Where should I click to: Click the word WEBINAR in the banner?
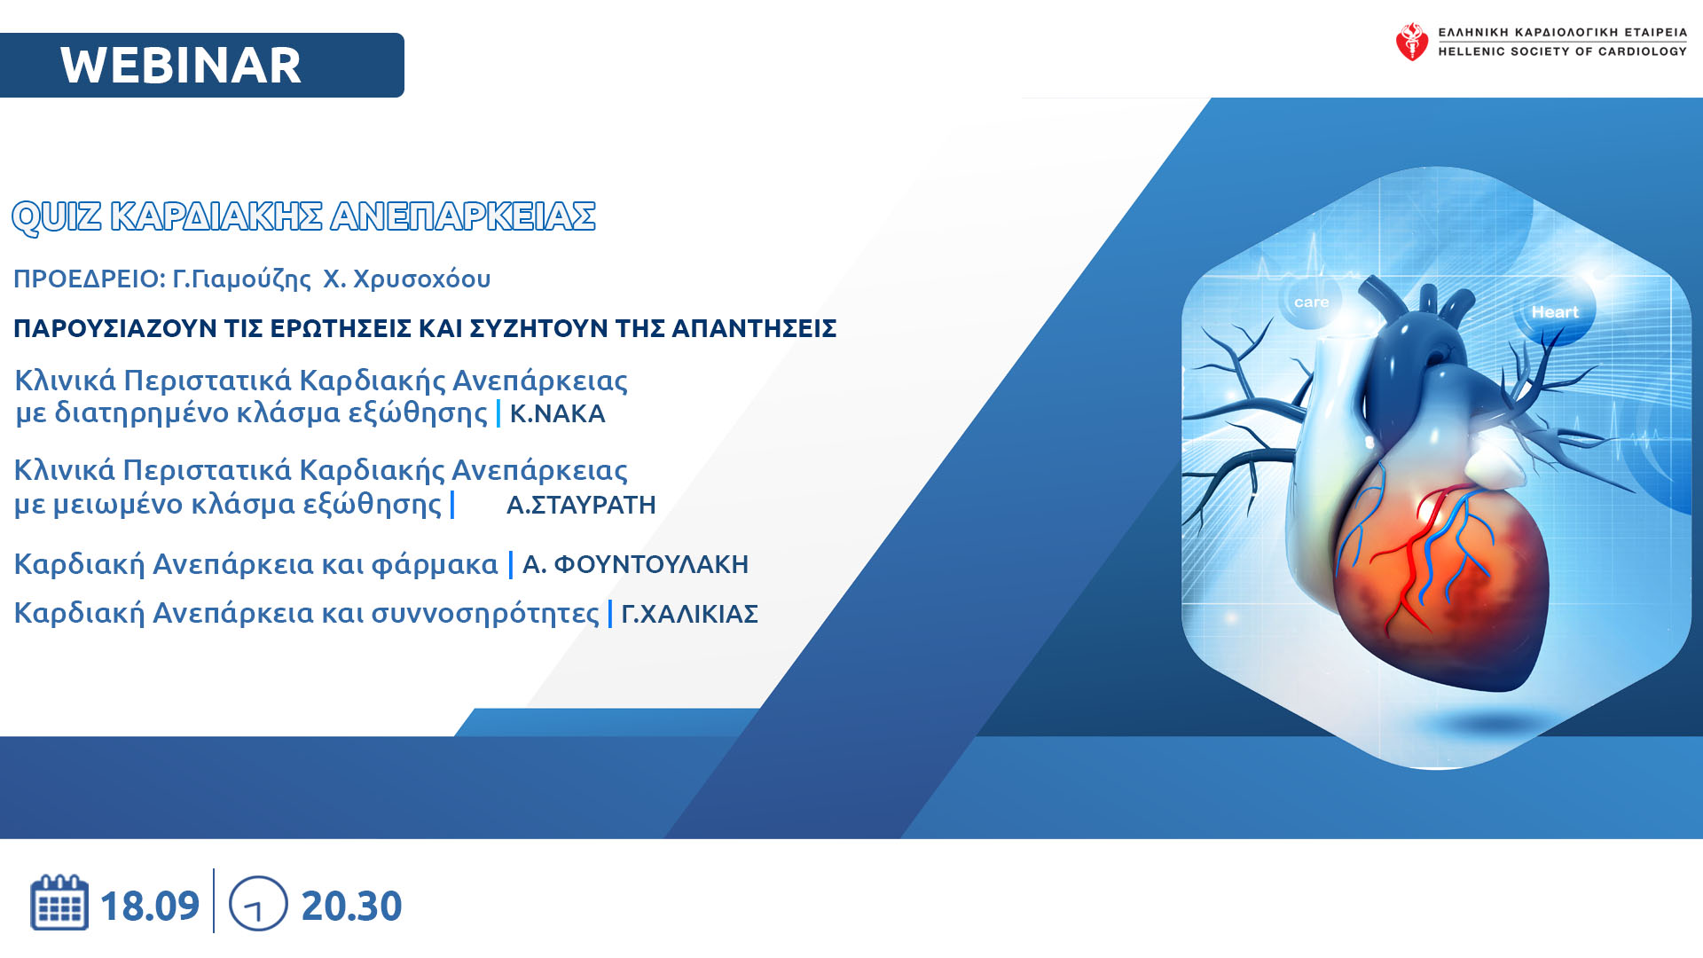click(181, 66)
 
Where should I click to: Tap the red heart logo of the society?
click(1412, 42)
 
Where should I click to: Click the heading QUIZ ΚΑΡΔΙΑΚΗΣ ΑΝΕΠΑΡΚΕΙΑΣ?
click(303, 216)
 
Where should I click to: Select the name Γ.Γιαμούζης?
click(241, 279)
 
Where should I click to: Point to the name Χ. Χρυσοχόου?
click(406, 279)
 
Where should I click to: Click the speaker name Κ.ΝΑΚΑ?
click(557, 413)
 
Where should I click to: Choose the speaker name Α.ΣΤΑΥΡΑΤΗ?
click(581, 505)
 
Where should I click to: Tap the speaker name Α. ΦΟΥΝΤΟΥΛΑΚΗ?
click(635, 564)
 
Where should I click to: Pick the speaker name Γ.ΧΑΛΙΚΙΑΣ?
click(689, 614)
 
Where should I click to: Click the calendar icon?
click(59, 902)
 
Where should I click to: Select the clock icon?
click(258, 904)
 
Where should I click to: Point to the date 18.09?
click(150, 906)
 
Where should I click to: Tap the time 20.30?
click(351, 906)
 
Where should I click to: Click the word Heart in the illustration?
click(1554, 312)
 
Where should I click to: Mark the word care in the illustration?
click(1311, 302)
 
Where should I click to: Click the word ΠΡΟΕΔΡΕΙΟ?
click(89, 279)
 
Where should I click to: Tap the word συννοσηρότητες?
click(485, 614)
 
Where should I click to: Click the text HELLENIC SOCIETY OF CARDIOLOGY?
click(1563, 51)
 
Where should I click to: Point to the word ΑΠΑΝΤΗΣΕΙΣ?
click(754, 328)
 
